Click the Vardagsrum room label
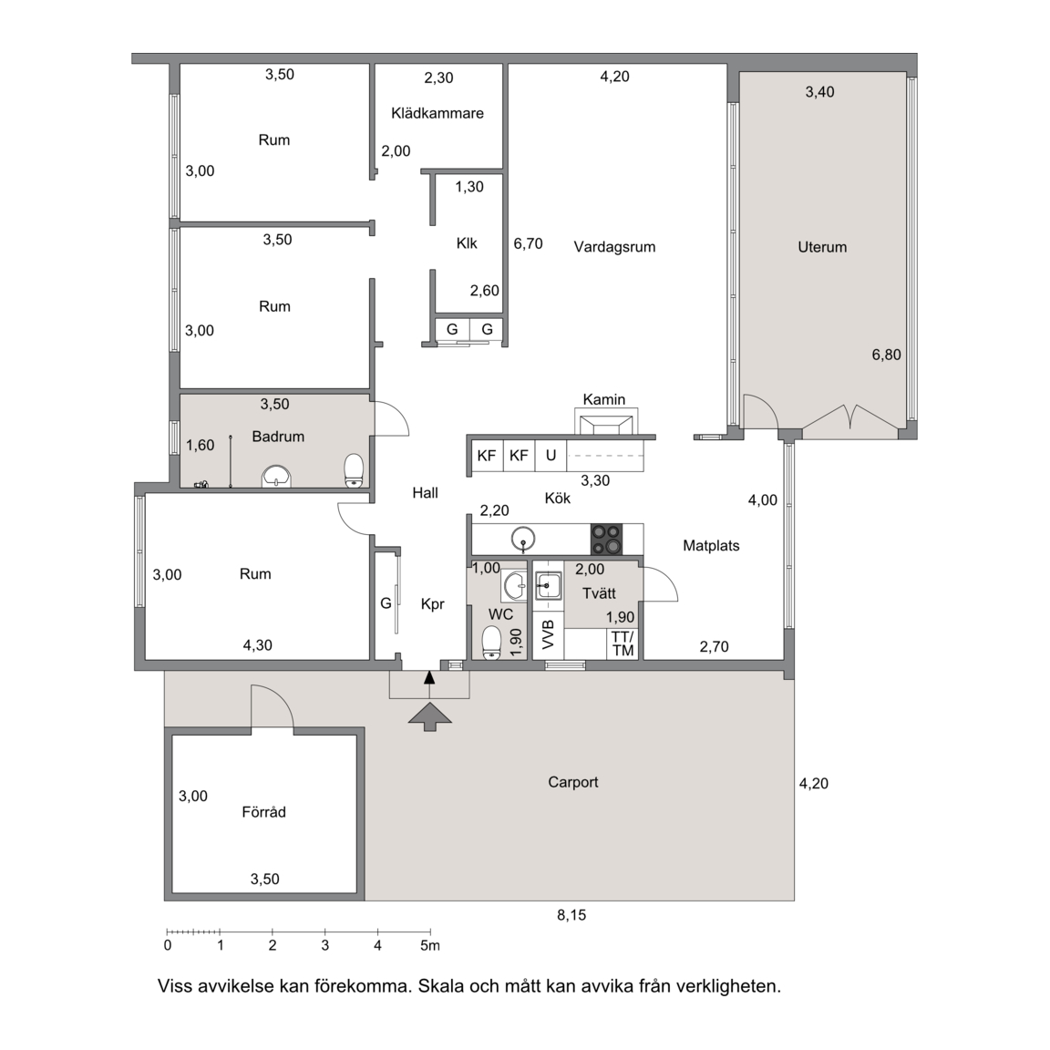tap(614, 246)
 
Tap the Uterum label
tap(822, 247)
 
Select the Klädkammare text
tap(437, 113)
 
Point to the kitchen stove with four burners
tap(606, 539)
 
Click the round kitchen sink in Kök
tap(522, 539)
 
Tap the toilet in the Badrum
tap(354, 470)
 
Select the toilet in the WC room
tap(491, 643)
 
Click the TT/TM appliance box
tap(623, 643)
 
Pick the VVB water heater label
tap(549, 634)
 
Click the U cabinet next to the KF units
tap(551, 456)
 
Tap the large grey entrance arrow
tap(429, 715)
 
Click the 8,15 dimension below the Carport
tap(571, 915)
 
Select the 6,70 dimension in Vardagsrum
tap(528, 243)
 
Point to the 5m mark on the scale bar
tap(430, 945)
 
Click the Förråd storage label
tap(263, 811)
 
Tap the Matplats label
tap(711, 546)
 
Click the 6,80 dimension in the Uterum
tap(886, 355)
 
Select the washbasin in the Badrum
tap(276, 476)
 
